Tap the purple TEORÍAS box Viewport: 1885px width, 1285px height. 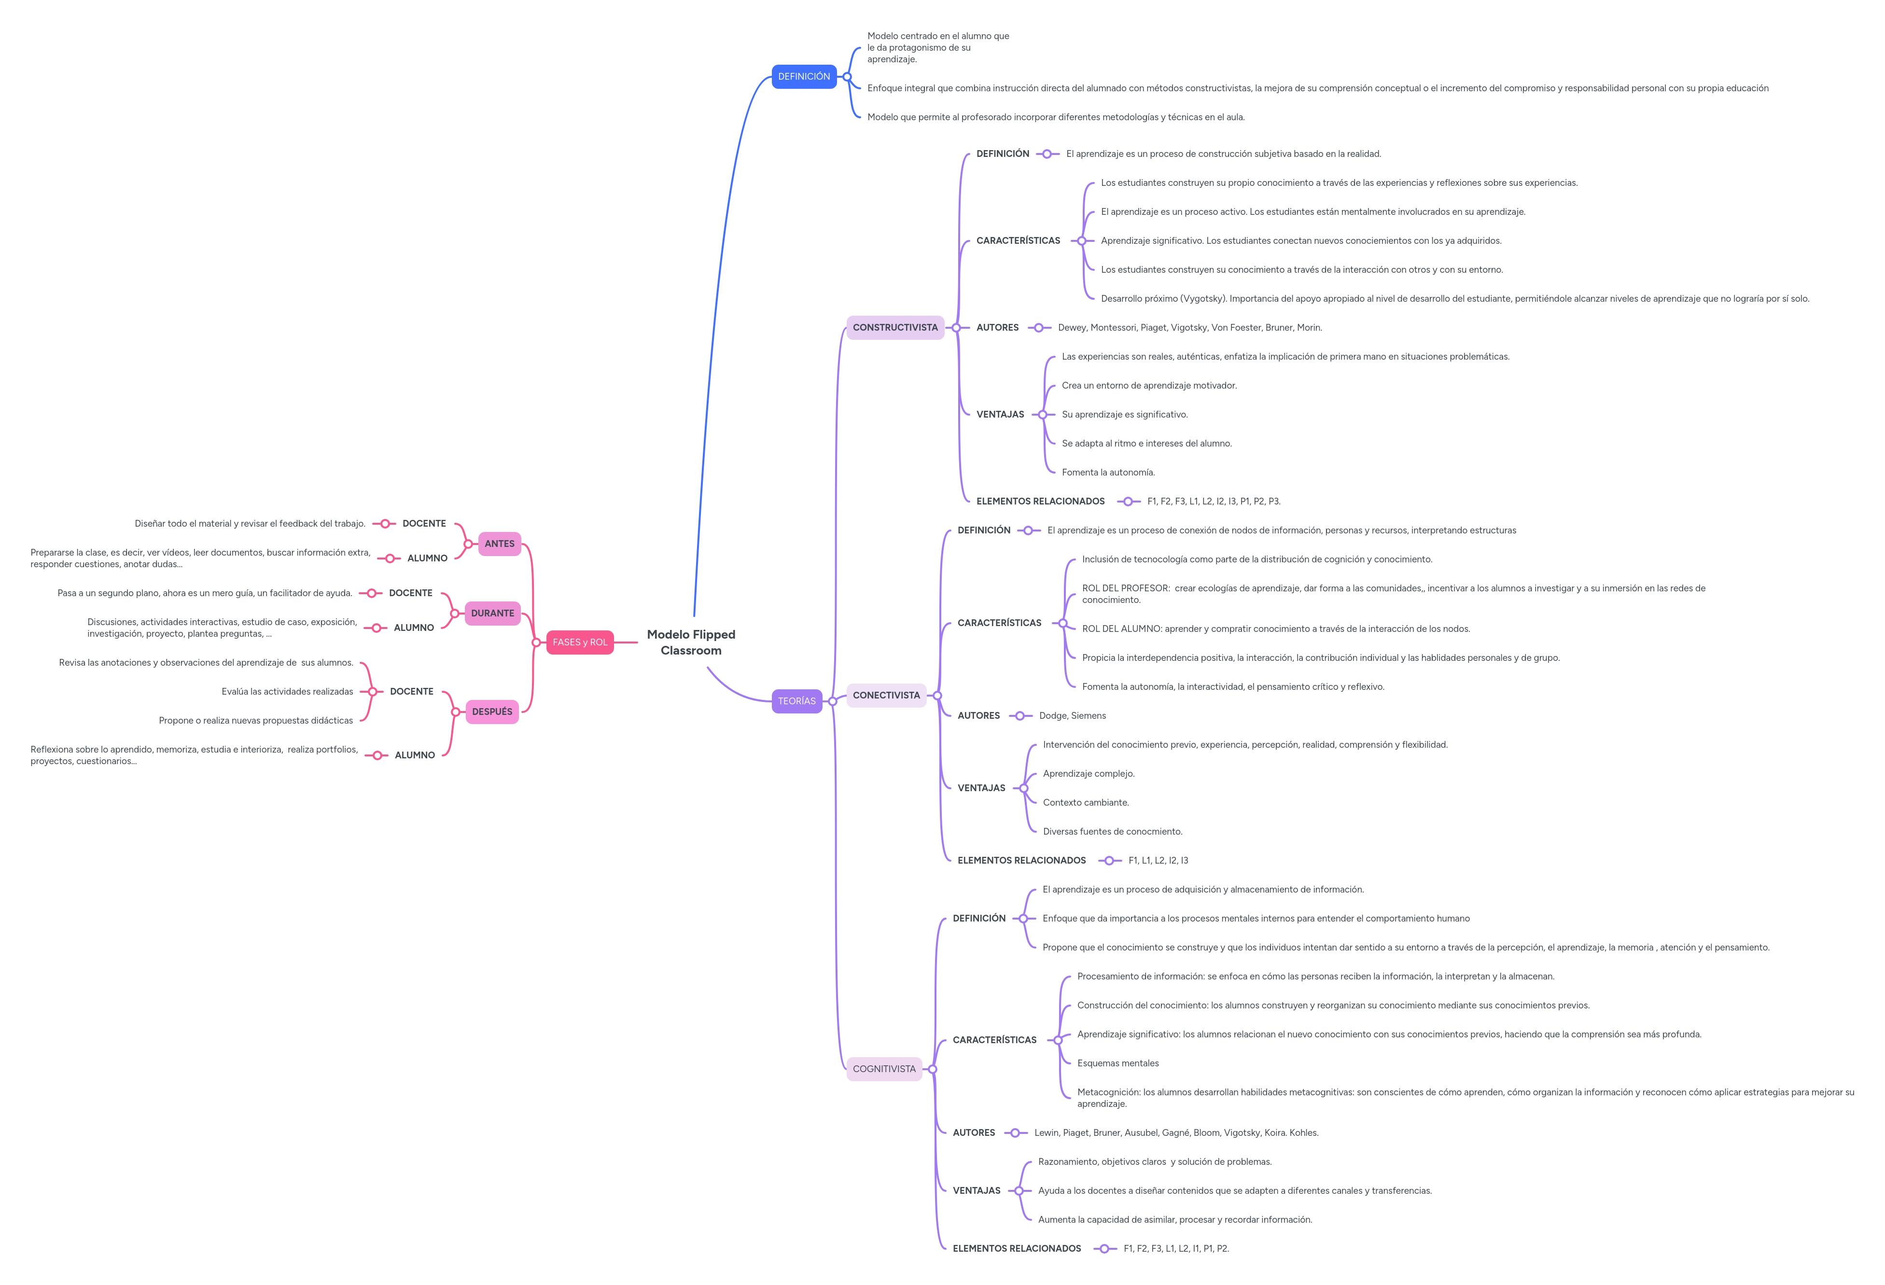coord(796,701)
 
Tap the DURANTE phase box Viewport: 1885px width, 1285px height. coord(492,613)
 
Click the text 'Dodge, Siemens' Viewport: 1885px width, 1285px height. coord(1072,715)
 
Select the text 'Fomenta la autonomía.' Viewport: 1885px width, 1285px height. coord(1107,472)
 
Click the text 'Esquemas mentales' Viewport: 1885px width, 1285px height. coord(1117,1063)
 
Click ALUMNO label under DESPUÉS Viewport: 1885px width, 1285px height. coord(415,755)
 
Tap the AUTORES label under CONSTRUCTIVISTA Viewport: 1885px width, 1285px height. coord(997,328)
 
